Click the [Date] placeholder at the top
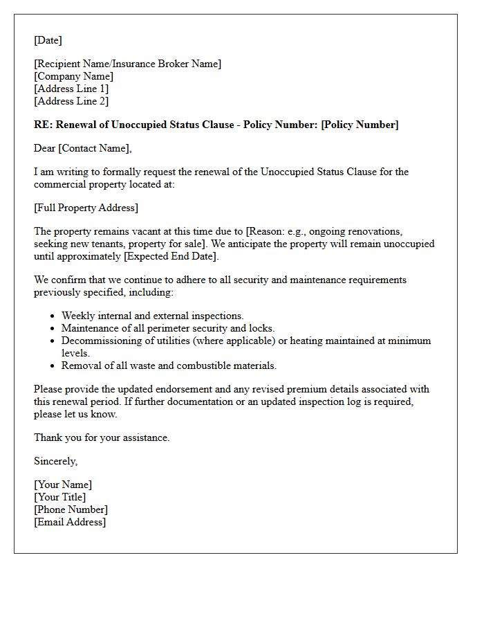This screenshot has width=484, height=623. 48,40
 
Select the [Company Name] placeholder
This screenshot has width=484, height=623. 73,76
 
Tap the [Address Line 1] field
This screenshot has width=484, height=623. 71,89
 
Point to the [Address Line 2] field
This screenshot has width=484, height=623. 71,101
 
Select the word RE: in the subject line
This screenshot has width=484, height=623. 42,125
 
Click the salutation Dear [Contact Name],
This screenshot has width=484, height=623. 82,148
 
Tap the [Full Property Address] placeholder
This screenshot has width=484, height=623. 86,208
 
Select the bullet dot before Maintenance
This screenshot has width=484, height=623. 53,328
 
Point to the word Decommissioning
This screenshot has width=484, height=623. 101,341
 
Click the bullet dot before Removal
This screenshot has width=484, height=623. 53,365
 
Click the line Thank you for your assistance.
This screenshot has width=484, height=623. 102,437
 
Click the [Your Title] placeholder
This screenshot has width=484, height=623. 60,497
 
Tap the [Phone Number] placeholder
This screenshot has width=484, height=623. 71,509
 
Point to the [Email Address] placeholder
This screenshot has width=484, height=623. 70,522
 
